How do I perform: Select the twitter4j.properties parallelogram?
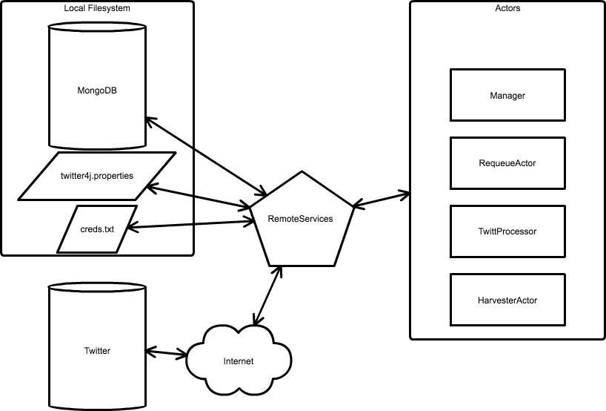tap(97, 176)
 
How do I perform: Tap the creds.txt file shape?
tap(97, 228)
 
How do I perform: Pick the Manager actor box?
tap(507, 96)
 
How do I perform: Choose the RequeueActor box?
tap(507, 163)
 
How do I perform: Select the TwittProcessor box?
tap(507, 231)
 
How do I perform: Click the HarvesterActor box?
tap(507, 300)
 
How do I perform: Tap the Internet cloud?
tap(238, 361)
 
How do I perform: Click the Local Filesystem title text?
tap(98, 7)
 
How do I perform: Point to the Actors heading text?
tap(507, 8)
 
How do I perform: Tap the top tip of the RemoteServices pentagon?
tap(301, 174)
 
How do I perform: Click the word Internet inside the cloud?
tap(238, 361)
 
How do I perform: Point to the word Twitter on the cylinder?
tap(97, 351)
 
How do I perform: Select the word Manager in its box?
tap(507, 96)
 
